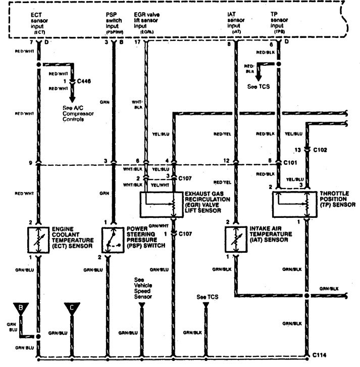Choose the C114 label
pos(320,355)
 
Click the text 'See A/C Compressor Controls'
pos(79,114)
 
